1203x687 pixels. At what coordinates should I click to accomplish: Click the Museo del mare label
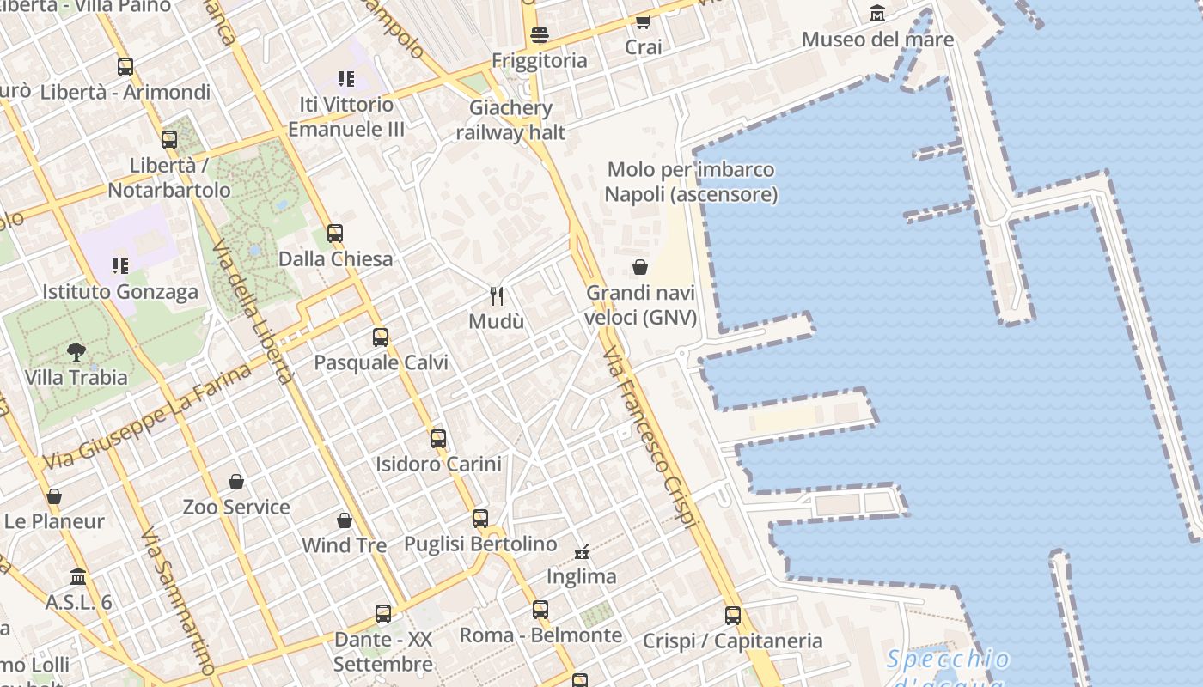[x=877, y=40]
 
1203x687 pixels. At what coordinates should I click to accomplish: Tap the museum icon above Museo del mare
[x=877, y=14]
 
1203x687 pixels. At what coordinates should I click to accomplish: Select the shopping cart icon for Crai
[x=643, y=21]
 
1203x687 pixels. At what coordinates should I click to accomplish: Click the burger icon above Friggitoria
[x=540, y=35]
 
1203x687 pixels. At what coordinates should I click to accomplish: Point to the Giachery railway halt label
[x=510, y=120]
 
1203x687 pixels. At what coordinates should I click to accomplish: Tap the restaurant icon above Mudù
[x=497, y=296]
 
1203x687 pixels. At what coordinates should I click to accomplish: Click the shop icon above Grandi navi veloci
[x=640, y=267]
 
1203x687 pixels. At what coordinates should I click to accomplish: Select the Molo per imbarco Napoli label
[x=691, y=182]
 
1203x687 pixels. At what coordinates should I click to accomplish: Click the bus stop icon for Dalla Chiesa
[x=335, y=234]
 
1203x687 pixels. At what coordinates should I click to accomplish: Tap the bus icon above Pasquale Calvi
[x=381, y=337]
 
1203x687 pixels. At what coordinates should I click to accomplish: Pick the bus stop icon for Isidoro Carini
[x=438, y=439]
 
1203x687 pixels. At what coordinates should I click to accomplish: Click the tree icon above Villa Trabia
[x=76, y=351]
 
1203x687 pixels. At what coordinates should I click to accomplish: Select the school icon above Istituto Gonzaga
[x=119, y=266]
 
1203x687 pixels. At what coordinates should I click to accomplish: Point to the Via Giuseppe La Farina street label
[x=147, y=416]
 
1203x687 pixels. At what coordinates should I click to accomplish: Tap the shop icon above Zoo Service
[x=236, y=482]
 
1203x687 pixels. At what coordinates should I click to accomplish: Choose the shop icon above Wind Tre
[x=345, y=520]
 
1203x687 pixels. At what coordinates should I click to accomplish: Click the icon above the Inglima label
[x=583, y=551]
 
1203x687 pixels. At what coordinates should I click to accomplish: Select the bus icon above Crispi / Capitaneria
[x=733, y=615]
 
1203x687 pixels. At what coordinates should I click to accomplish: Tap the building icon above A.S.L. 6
[x=78, y=576]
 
